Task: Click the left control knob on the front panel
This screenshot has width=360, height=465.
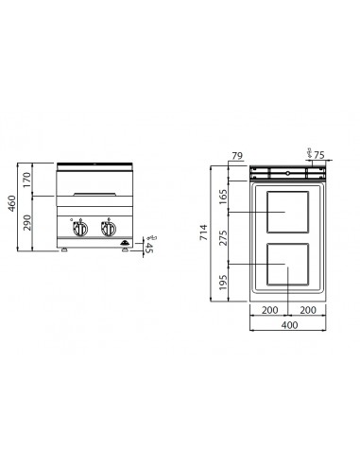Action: (x=80, y=230)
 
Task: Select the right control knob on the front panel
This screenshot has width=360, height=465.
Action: (x=108, y=230)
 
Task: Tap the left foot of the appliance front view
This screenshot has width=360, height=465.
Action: (x=63, y=250)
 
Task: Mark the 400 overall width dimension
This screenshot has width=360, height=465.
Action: (x=289, y=325)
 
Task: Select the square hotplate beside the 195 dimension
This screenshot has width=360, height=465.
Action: (x=288, y=265)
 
